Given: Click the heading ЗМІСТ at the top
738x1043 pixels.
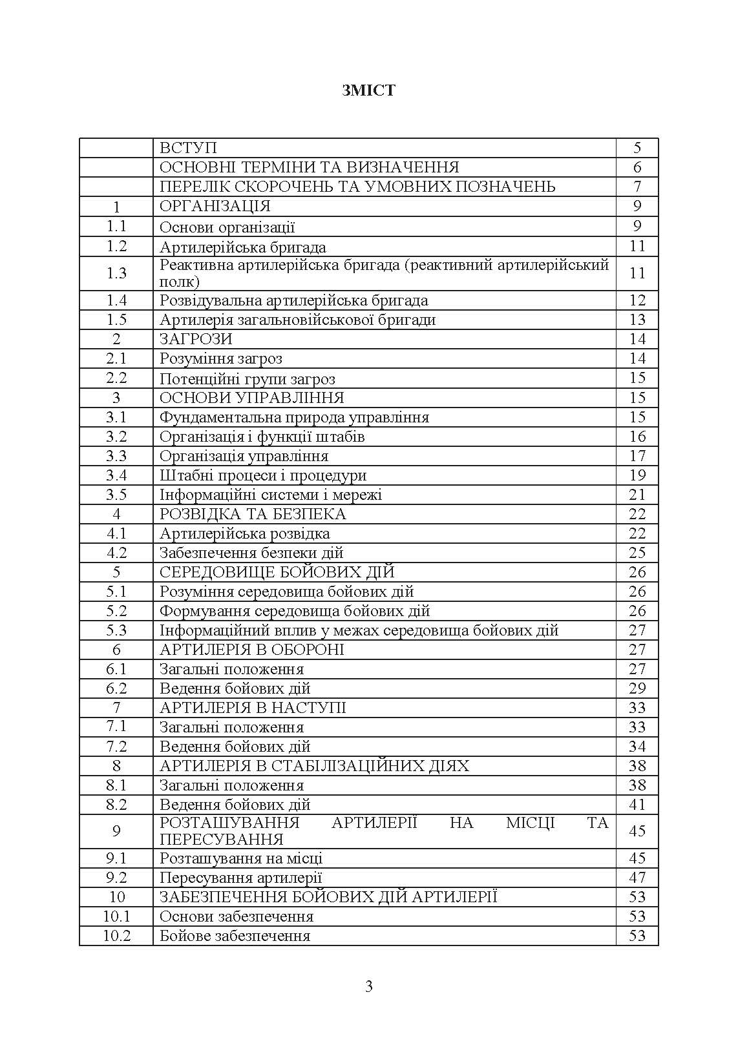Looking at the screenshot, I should tap(368, 90).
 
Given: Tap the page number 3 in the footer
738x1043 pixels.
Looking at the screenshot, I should tap(368, 986).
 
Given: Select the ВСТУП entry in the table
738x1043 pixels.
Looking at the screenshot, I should tap(188, 148).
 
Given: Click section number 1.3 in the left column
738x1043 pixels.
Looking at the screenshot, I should tap(116, 273).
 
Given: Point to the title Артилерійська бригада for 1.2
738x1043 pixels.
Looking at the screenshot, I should tap(243, 247).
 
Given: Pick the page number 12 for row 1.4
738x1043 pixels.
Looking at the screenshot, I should tap(637, 300).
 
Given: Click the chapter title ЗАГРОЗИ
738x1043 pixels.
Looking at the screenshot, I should tap(196, 339).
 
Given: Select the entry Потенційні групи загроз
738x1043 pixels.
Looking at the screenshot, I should tap(248, 379).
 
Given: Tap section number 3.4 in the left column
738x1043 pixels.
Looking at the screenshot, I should tap(116, 475).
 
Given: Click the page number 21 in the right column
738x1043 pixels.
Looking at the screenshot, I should tap(637, 495).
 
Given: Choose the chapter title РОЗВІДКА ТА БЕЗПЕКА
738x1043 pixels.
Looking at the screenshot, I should tap(253, 514).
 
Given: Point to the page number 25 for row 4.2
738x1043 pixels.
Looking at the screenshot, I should tap(637, 553).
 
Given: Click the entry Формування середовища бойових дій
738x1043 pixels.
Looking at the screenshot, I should tap(295, 611).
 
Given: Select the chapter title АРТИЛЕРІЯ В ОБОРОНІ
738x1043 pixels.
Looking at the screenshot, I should tap(252, 650).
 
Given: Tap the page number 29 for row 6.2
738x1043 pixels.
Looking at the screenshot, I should tap(637, 688).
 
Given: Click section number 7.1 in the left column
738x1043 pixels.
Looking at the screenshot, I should tap(116, 727).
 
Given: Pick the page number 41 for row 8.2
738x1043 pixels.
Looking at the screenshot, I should tap(637, 805).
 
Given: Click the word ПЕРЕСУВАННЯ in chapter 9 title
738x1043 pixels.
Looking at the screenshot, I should tap(222, 840).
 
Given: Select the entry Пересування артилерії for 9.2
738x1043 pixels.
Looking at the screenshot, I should tap(240, 878).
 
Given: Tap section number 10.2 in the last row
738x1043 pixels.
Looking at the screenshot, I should tap(116, 936).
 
